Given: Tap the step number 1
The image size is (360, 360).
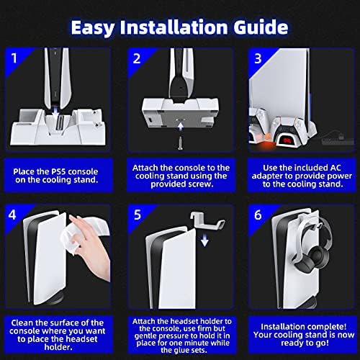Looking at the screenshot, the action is click(x=14, y=58).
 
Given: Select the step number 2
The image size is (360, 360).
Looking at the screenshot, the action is click(x=137, y=58).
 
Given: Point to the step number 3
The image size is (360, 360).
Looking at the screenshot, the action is click(x=258, y=58).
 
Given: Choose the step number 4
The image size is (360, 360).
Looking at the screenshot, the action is click(x=12, y=215).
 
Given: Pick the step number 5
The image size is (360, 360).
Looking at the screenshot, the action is click(x=138, y=215).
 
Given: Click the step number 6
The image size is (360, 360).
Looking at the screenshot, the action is click(x=258, y=215).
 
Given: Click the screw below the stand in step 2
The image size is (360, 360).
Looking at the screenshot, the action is click(x=180, y=143).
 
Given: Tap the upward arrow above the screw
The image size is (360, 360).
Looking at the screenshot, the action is click(x=180, y=126).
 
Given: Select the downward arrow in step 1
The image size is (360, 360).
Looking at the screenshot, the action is click(x=55, y=113).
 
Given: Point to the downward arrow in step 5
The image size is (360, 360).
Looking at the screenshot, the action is click(x=204, y=240).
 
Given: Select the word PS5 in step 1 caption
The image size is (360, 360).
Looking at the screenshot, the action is click(x=58, y=172).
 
